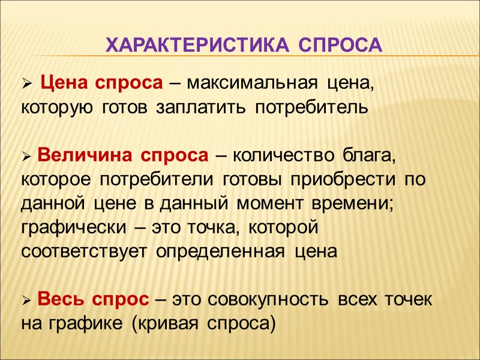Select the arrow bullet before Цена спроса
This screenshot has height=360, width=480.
pos(26,86)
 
